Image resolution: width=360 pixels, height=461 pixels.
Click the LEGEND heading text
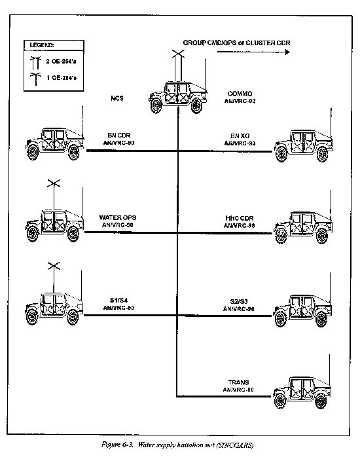coord(42,45)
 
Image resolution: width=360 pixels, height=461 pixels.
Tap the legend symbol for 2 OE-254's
coord(35,62)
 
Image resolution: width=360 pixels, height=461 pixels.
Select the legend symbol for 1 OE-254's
coord(35,79)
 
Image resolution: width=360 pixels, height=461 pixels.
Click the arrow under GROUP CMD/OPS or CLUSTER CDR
coord(253,52)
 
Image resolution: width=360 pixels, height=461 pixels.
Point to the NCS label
coord(117,98)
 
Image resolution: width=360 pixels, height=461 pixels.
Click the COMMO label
coord(240,94)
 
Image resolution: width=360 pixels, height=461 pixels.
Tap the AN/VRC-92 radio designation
coord(240,101)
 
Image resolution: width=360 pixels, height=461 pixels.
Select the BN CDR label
coord(118,136)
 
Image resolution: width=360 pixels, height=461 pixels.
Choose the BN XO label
coord(240,136)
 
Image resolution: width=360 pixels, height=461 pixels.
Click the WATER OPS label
coord(118,217)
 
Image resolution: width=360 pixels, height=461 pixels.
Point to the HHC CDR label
coord(240,218)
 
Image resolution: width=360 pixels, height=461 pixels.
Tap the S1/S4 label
coord(118,300)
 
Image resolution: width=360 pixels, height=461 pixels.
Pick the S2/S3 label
coord(239,301)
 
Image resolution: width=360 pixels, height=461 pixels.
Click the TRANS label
coord(238,382)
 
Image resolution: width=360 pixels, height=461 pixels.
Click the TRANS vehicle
coord(302,391)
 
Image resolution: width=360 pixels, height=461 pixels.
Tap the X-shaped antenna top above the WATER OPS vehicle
coord(54,184)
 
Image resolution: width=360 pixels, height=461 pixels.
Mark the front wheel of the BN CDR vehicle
coord(32,152)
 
